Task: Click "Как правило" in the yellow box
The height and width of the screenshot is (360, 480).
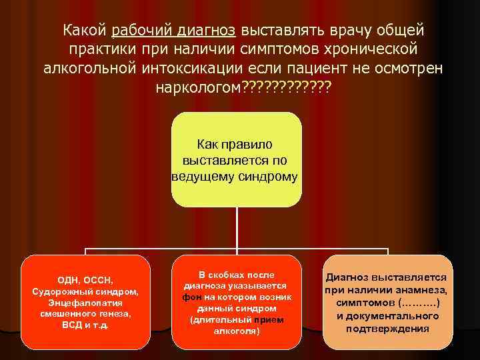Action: pos(236,145)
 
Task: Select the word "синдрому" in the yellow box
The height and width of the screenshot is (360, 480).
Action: pos(269,176)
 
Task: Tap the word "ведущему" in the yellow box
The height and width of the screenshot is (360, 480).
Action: pos(205,176)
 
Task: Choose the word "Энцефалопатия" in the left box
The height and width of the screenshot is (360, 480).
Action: pos(85,302)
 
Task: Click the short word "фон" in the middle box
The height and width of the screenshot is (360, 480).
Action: pos(187,297)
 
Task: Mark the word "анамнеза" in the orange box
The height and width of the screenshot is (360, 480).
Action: pos(420,290)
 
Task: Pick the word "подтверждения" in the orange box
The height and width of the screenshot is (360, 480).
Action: pos(387,329)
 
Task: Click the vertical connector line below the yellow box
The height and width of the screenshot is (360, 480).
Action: pos(237,227)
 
